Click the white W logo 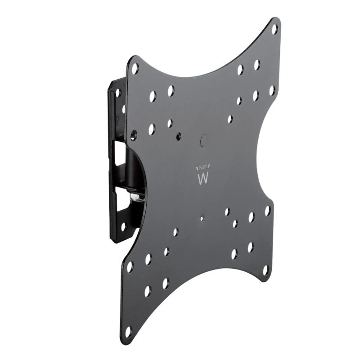tap(203, 179)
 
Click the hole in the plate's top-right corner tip tap(274, 29)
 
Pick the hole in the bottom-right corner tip tap(265, 270)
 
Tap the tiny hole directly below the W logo tap(202, 218)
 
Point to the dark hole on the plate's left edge tap(133, 134)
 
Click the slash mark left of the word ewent tap(197, 168)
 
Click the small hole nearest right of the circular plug tap(230, 119)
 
